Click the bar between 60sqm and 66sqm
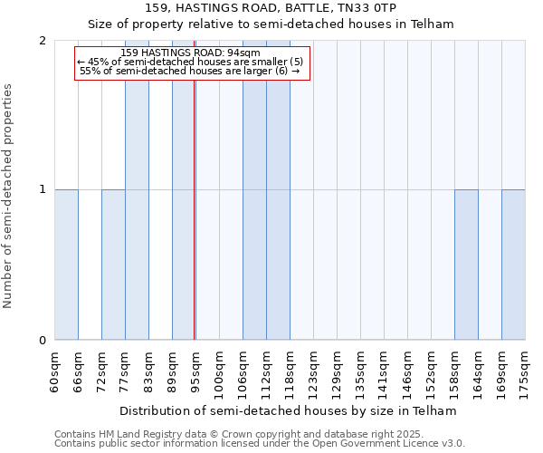(x=66, y=265)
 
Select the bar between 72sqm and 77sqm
(x=113, y=265)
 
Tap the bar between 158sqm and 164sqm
(x=466, y=265)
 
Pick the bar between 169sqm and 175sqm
(x=513, y=265)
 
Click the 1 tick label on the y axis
(x=43, y=189)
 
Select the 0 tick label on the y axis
(x=43, y=341)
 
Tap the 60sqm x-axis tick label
(x=54, y=371)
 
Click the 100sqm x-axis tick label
(x=219, y=374)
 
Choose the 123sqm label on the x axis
(x=313, y=374)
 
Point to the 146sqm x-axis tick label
(x=407, y=374)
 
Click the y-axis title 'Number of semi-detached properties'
(x=9, y=196)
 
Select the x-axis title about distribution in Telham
(x=289, y=410)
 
